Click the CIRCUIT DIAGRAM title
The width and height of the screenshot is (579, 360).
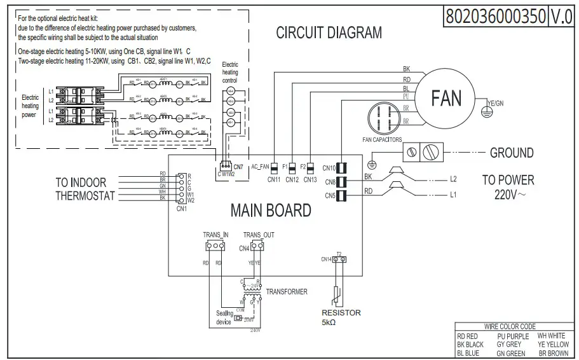[x=329, y=32]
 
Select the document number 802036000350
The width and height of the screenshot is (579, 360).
[x=495, y=16]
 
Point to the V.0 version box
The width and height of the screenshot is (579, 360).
[x=561, y=16]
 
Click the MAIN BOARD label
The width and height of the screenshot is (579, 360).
[x=271, y=210]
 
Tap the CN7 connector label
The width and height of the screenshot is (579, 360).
[x=239, y=166]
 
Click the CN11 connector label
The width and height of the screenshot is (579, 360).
[x=274, y=179]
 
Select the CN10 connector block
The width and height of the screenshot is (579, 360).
[x=341, y=169]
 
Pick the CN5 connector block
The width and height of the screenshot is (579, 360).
[x=341, y=195]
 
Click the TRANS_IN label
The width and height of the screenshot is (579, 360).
[x=215, y=235]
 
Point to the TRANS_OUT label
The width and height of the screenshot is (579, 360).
[x=259, y=235]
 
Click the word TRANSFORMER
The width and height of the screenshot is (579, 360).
[x=287, y=292]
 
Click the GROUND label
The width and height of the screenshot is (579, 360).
[x=511, y=153]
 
